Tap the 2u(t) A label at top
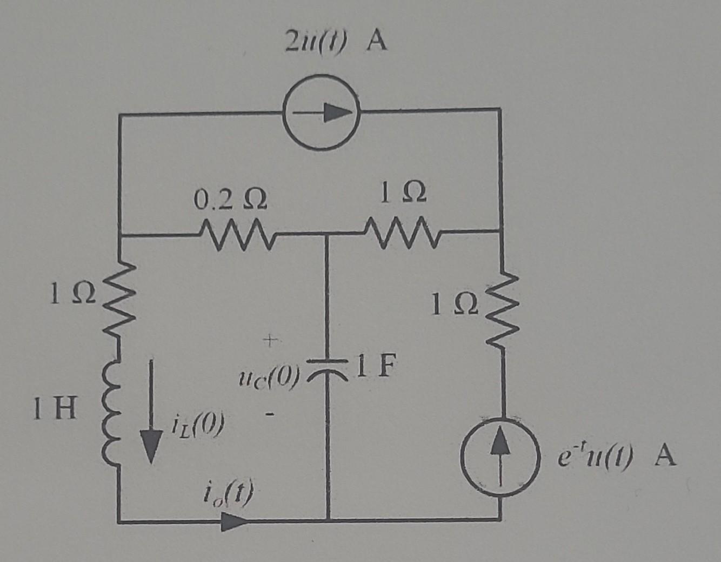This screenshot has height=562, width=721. [336, 42]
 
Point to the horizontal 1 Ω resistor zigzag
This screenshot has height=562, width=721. [403, 233]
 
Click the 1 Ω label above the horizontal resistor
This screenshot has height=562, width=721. [403, 194]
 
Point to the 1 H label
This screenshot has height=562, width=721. [54, 409]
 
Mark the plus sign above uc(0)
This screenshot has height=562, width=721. [269, 340]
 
